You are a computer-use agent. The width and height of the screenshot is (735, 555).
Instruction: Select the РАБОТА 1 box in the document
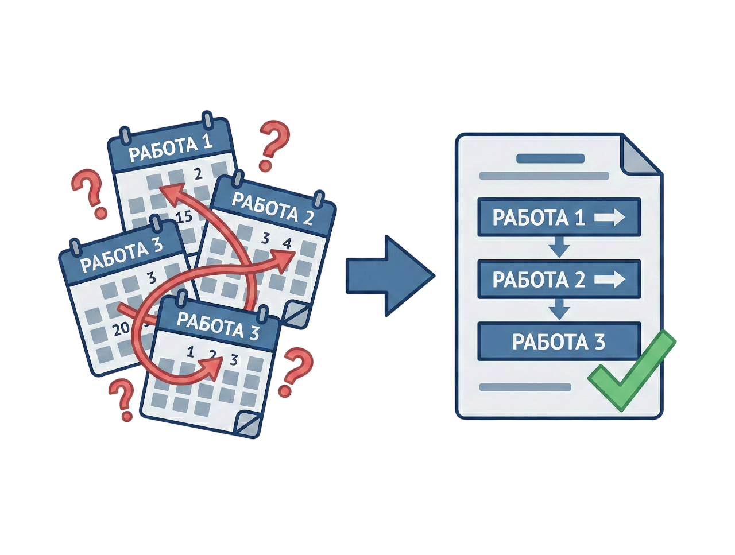tap(558, 218)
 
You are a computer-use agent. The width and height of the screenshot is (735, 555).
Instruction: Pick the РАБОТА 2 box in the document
tap(558, 280)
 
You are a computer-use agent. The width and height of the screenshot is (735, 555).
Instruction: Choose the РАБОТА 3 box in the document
tap(558, 341)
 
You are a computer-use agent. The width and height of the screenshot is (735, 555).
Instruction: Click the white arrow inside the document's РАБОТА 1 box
tap(610, 218)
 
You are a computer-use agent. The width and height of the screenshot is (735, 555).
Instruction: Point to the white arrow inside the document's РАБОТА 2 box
tap(610, 280)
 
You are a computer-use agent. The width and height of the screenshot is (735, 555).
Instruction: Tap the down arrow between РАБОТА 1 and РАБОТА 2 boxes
tap(559, 248)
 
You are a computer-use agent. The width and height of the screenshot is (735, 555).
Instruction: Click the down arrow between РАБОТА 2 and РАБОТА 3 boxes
tap(559, 311)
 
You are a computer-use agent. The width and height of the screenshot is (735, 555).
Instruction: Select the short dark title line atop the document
tap(551, 158)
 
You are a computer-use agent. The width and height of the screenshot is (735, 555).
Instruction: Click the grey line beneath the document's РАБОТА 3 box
tap(525, 387)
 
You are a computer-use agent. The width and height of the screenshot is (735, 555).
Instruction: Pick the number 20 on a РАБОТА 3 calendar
tap(122, 329)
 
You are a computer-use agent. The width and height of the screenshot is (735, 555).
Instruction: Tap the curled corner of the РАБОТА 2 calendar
tap(299, 314)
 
